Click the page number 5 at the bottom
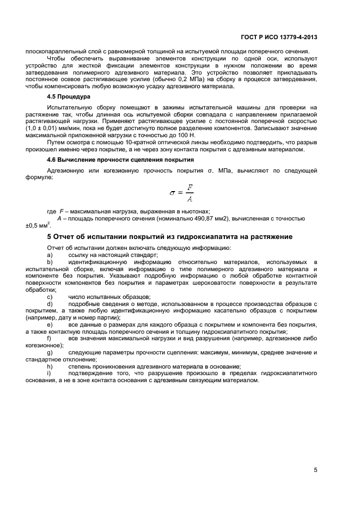point(315,470)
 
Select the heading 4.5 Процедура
point(68,96)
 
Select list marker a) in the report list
point(50,255)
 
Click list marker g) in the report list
point(50,353)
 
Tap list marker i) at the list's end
point(49,374)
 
